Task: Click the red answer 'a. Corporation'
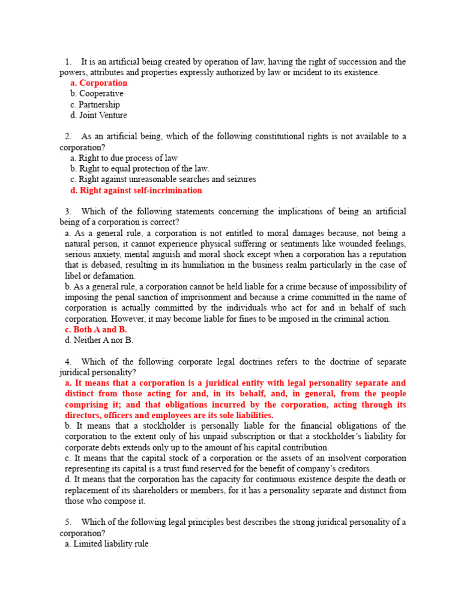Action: [98, 83]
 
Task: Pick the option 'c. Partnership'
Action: [95, 105]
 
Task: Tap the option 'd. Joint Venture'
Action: [98, 115]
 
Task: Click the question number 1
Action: [68, 62]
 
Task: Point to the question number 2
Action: [68, 137]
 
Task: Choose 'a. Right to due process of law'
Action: [124, 158]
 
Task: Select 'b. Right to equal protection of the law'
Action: [139, 169]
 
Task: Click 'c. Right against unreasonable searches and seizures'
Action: [163, 180]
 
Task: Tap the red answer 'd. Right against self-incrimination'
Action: [136, 190]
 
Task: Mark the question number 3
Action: [68, 211]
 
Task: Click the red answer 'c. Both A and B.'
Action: [96, 330]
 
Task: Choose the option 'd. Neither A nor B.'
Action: [99, 341]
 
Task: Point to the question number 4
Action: [68, 362]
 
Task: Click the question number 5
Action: [68, 523]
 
